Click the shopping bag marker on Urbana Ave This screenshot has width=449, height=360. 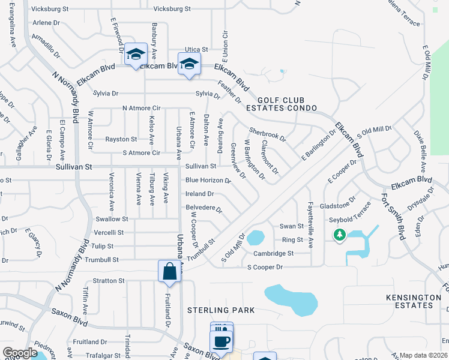(x=170, y=271)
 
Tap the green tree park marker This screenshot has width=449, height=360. (x=339, y=235)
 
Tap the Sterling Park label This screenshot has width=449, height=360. (x=221, y=310)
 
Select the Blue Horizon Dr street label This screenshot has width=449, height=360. (x=208, y=180)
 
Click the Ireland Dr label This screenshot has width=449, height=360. (x=199, y=194)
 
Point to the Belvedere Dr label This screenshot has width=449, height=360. (x=203, y=208)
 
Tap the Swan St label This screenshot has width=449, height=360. (x=292, y=226)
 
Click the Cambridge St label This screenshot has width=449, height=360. (x=273, y=254)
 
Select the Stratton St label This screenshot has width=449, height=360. (x=109, y=280)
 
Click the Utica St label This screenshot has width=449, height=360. (x=196, y=49)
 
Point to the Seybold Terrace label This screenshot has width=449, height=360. (x=354, y=218)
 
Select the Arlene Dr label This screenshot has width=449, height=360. (x=47, y=22)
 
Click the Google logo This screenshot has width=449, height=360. (x=20, y=353)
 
